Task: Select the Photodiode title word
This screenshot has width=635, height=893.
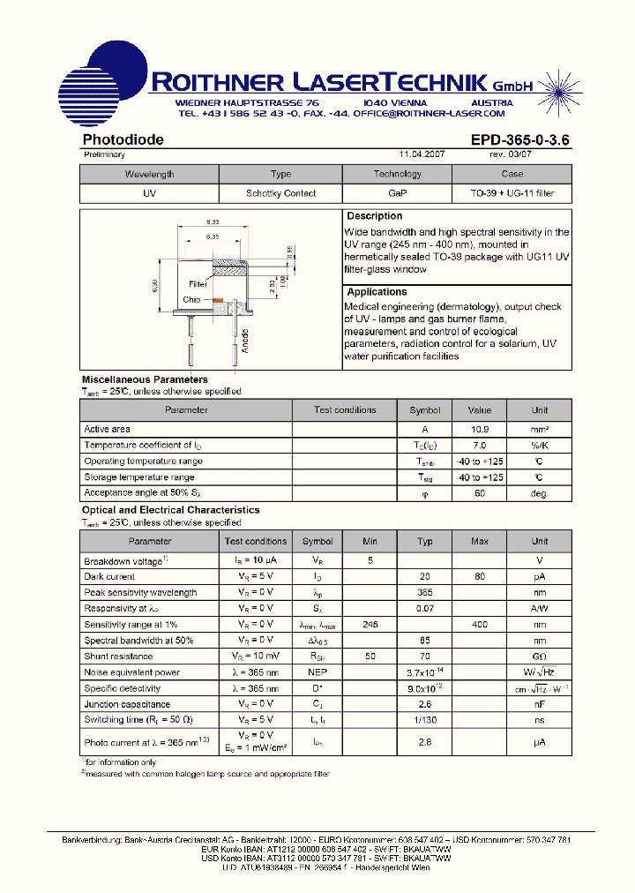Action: point(123,139)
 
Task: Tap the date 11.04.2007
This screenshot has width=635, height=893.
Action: point(422,154)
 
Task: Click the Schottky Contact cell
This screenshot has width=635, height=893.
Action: point(280,193)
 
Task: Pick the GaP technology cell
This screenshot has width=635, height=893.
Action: point(397,193)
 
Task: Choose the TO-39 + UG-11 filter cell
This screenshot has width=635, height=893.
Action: point(512,193)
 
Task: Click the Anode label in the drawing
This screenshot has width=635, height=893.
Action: point(245,339)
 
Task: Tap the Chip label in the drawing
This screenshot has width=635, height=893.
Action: point(191,300)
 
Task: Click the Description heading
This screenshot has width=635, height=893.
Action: point(374,216)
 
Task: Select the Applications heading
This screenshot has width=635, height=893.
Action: point(377,292)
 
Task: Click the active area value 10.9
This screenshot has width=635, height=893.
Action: point(479,430)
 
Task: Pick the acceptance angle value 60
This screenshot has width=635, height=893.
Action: point(479,493)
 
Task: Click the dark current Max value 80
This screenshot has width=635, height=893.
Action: point(479,577)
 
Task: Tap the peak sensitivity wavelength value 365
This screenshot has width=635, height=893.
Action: point(424,593)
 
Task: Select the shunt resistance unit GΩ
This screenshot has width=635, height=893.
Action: point(539,657)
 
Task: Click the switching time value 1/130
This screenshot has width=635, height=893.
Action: point(424,720)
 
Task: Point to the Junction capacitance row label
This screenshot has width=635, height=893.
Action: point(127,704)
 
